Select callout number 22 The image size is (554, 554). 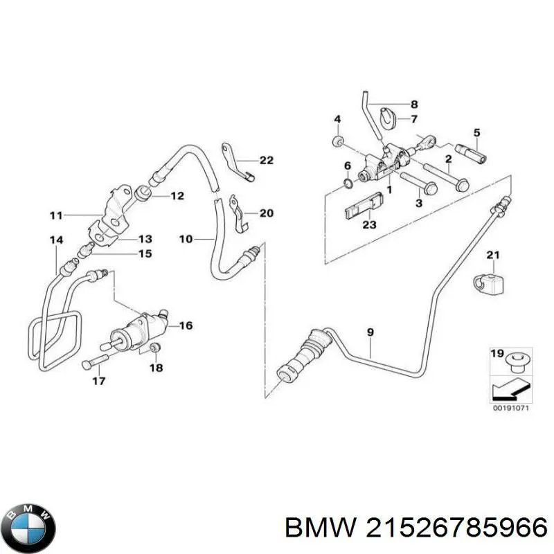[267, 161]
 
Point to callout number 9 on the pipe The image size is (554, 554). [370, 333]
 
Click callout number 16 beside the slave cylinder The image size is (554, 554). [186, 325]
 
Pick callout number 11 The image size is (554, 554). [56, 215]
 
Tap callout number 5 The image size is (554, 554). [476, 132]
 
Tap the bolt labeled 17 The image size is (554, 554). [94, 361]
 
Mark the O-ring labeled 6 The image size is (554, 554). [348, 184]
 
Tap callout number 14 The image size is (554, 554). [56, 240]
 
